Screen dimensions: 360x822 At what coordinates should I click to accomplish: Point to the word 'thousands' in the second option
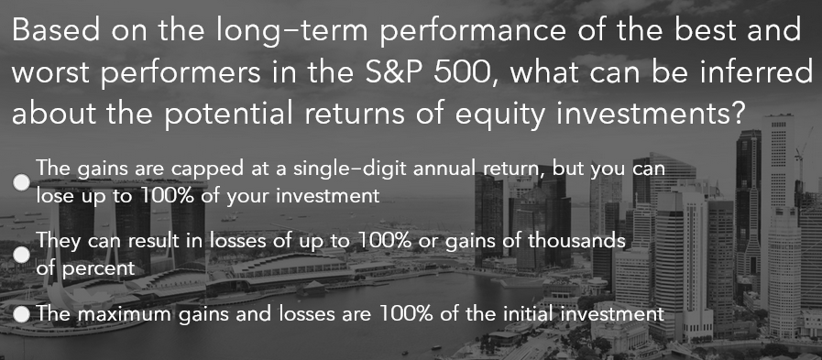click(x=581, y=243)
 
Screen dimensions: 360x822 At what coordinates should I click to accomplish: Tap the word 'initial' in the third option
click(x=523, y=314)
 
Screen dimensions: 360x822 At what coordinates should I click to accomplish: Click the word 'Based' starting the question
click(x=54, y=31)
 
